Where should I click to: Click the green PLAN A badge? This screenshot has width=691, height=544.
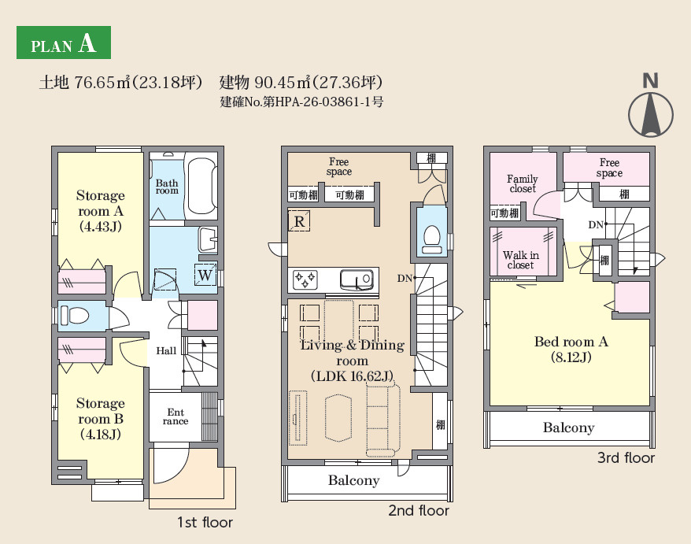click(x=64, y=43)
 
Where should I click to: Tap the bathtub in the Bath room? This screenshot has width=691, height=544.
click(x=201, y=186)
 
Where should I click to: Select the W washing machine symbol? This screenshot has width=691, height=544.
click(x=205, y=275)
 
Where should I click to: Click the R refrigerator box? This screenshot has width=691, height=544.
click(x=299, y=221)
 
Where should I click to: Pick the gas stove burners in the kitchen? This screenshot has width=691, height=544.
click(x=305, y=280)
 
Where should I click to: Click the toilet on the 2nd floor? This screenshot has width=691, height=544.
click(x=431, y=239)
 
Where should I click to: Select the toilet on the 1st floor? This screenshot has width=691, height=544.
click(x=74, y=316)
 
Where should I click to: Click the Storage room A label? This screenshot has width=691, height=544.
click(x=101, y=211)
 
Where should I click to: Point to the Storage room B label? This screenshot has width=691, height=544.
click(x=101, y=418)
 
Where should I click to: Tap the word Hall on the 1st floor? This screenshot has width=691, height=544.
click(x=166, y=351)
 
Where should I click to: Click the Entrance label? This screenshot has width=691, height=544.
click(x=176, y=416)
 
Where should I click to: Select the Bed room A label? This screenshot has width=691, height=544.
click(x=571, y=349)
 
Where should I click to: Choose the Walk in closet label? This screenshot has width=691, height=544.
click(x=521, y=260)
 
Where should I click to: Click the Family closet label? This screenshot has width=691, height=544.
click(x=523, y=184)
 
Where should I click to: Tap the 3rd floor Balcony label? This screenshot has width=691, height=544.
click(x=568, y=427)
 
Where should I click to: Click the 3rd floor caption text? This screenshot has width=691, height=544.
click(x=626, y=457)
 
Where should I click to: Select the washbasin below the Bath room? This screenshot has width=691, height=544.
click(x=208, y=239)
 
